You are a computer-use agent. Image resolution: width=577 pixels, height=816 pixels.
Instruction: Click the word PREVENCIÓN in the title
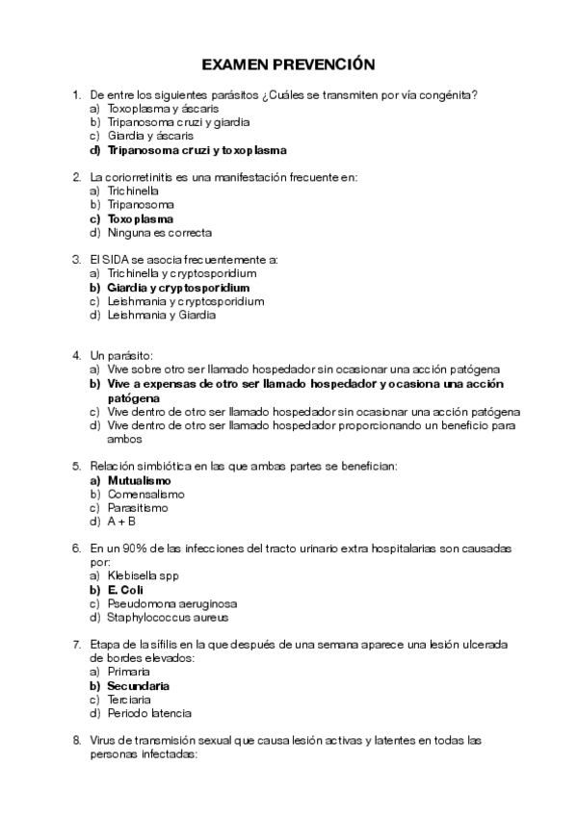click(x=327, y=64)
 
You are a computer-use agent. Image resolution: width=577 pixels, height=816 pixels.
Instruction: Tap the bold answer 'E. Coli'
click(x=124, y=590)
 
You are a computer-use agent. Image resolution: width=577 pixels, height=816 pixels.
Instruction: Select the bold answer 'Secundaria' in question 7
click(x=139, y=686)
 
